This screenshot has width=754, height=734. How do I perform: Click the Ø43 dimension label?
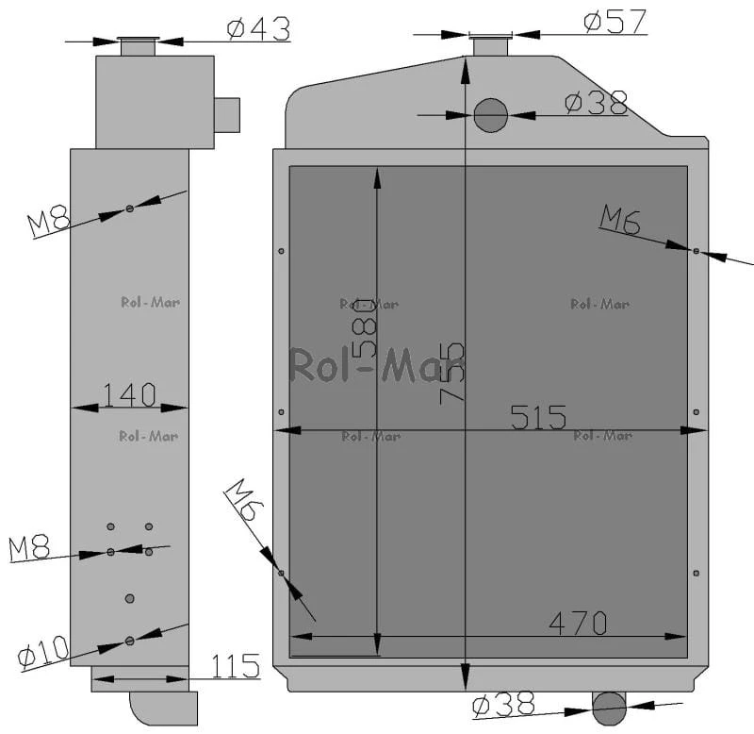coord(258,29)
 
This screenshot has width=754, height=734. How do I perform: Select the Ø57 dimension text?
coord(615,22)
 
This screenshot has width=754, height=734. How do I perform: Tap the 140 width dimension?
coord(130,394)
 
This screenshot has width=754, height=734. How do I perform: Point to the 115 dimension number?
coord(236,666)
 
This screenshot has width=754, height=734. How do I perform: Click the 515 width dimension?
coord(538,417)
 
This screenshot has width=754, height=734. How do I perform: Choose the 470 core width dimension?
coord(578,624)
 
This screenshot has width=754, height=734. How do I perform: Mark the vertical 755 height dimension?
coord(452,373)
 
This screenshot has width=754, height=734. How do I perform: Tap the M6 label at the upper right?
coord(620,220)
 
